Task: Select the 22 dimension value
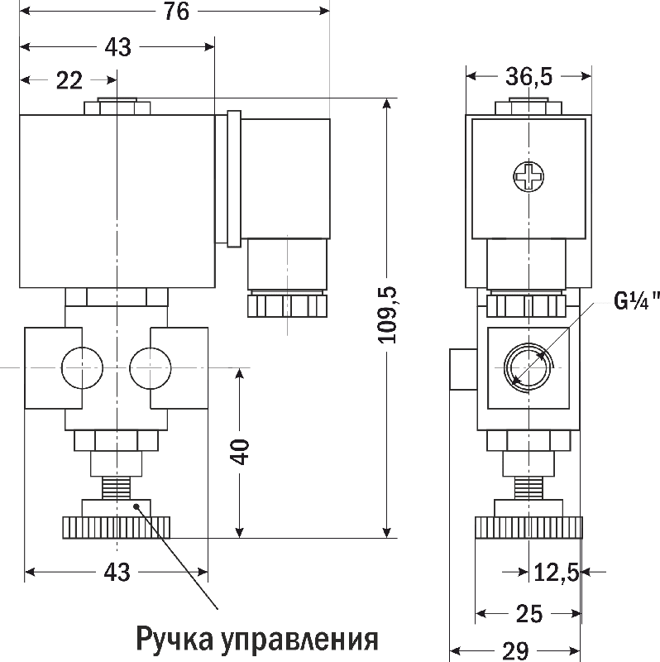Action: click(70, 80)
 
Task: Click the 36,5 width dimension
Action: click(528, 77)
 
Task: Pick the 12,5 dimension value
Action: click(556, 571)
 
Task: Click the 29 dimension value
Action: click(514, 651)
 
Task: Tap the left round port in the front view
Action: click(83, 367)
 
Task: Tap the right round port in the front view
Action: click(151, 367)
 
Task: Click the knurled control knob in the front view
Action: click(116, 525)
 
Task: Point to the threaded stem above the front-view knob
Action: click(116, 486)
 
